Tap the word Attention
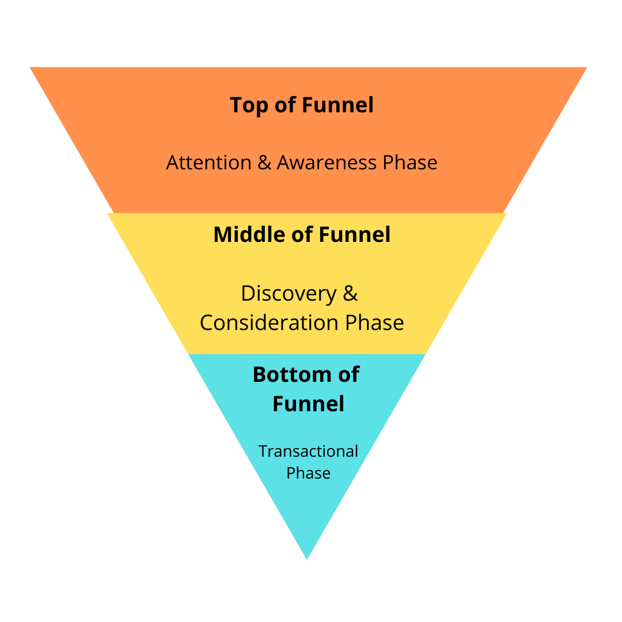208,163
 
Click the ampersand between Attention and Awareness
264,163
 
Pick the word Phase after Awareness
410,163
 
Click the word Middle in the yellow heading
249,235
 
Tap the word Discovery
289,294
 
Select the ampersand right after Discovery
351,294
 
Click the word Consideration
270,323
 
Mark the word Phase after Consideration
374,323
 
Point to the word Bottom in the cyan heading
291,375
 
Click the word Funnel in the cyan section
308,404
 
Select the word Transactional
308,451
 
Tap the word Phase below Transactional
308,473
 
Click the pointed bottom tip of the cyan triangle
307,557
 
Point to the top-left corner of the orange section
31,68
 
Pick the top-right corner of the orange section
585,68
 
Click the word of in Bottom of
347,375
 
